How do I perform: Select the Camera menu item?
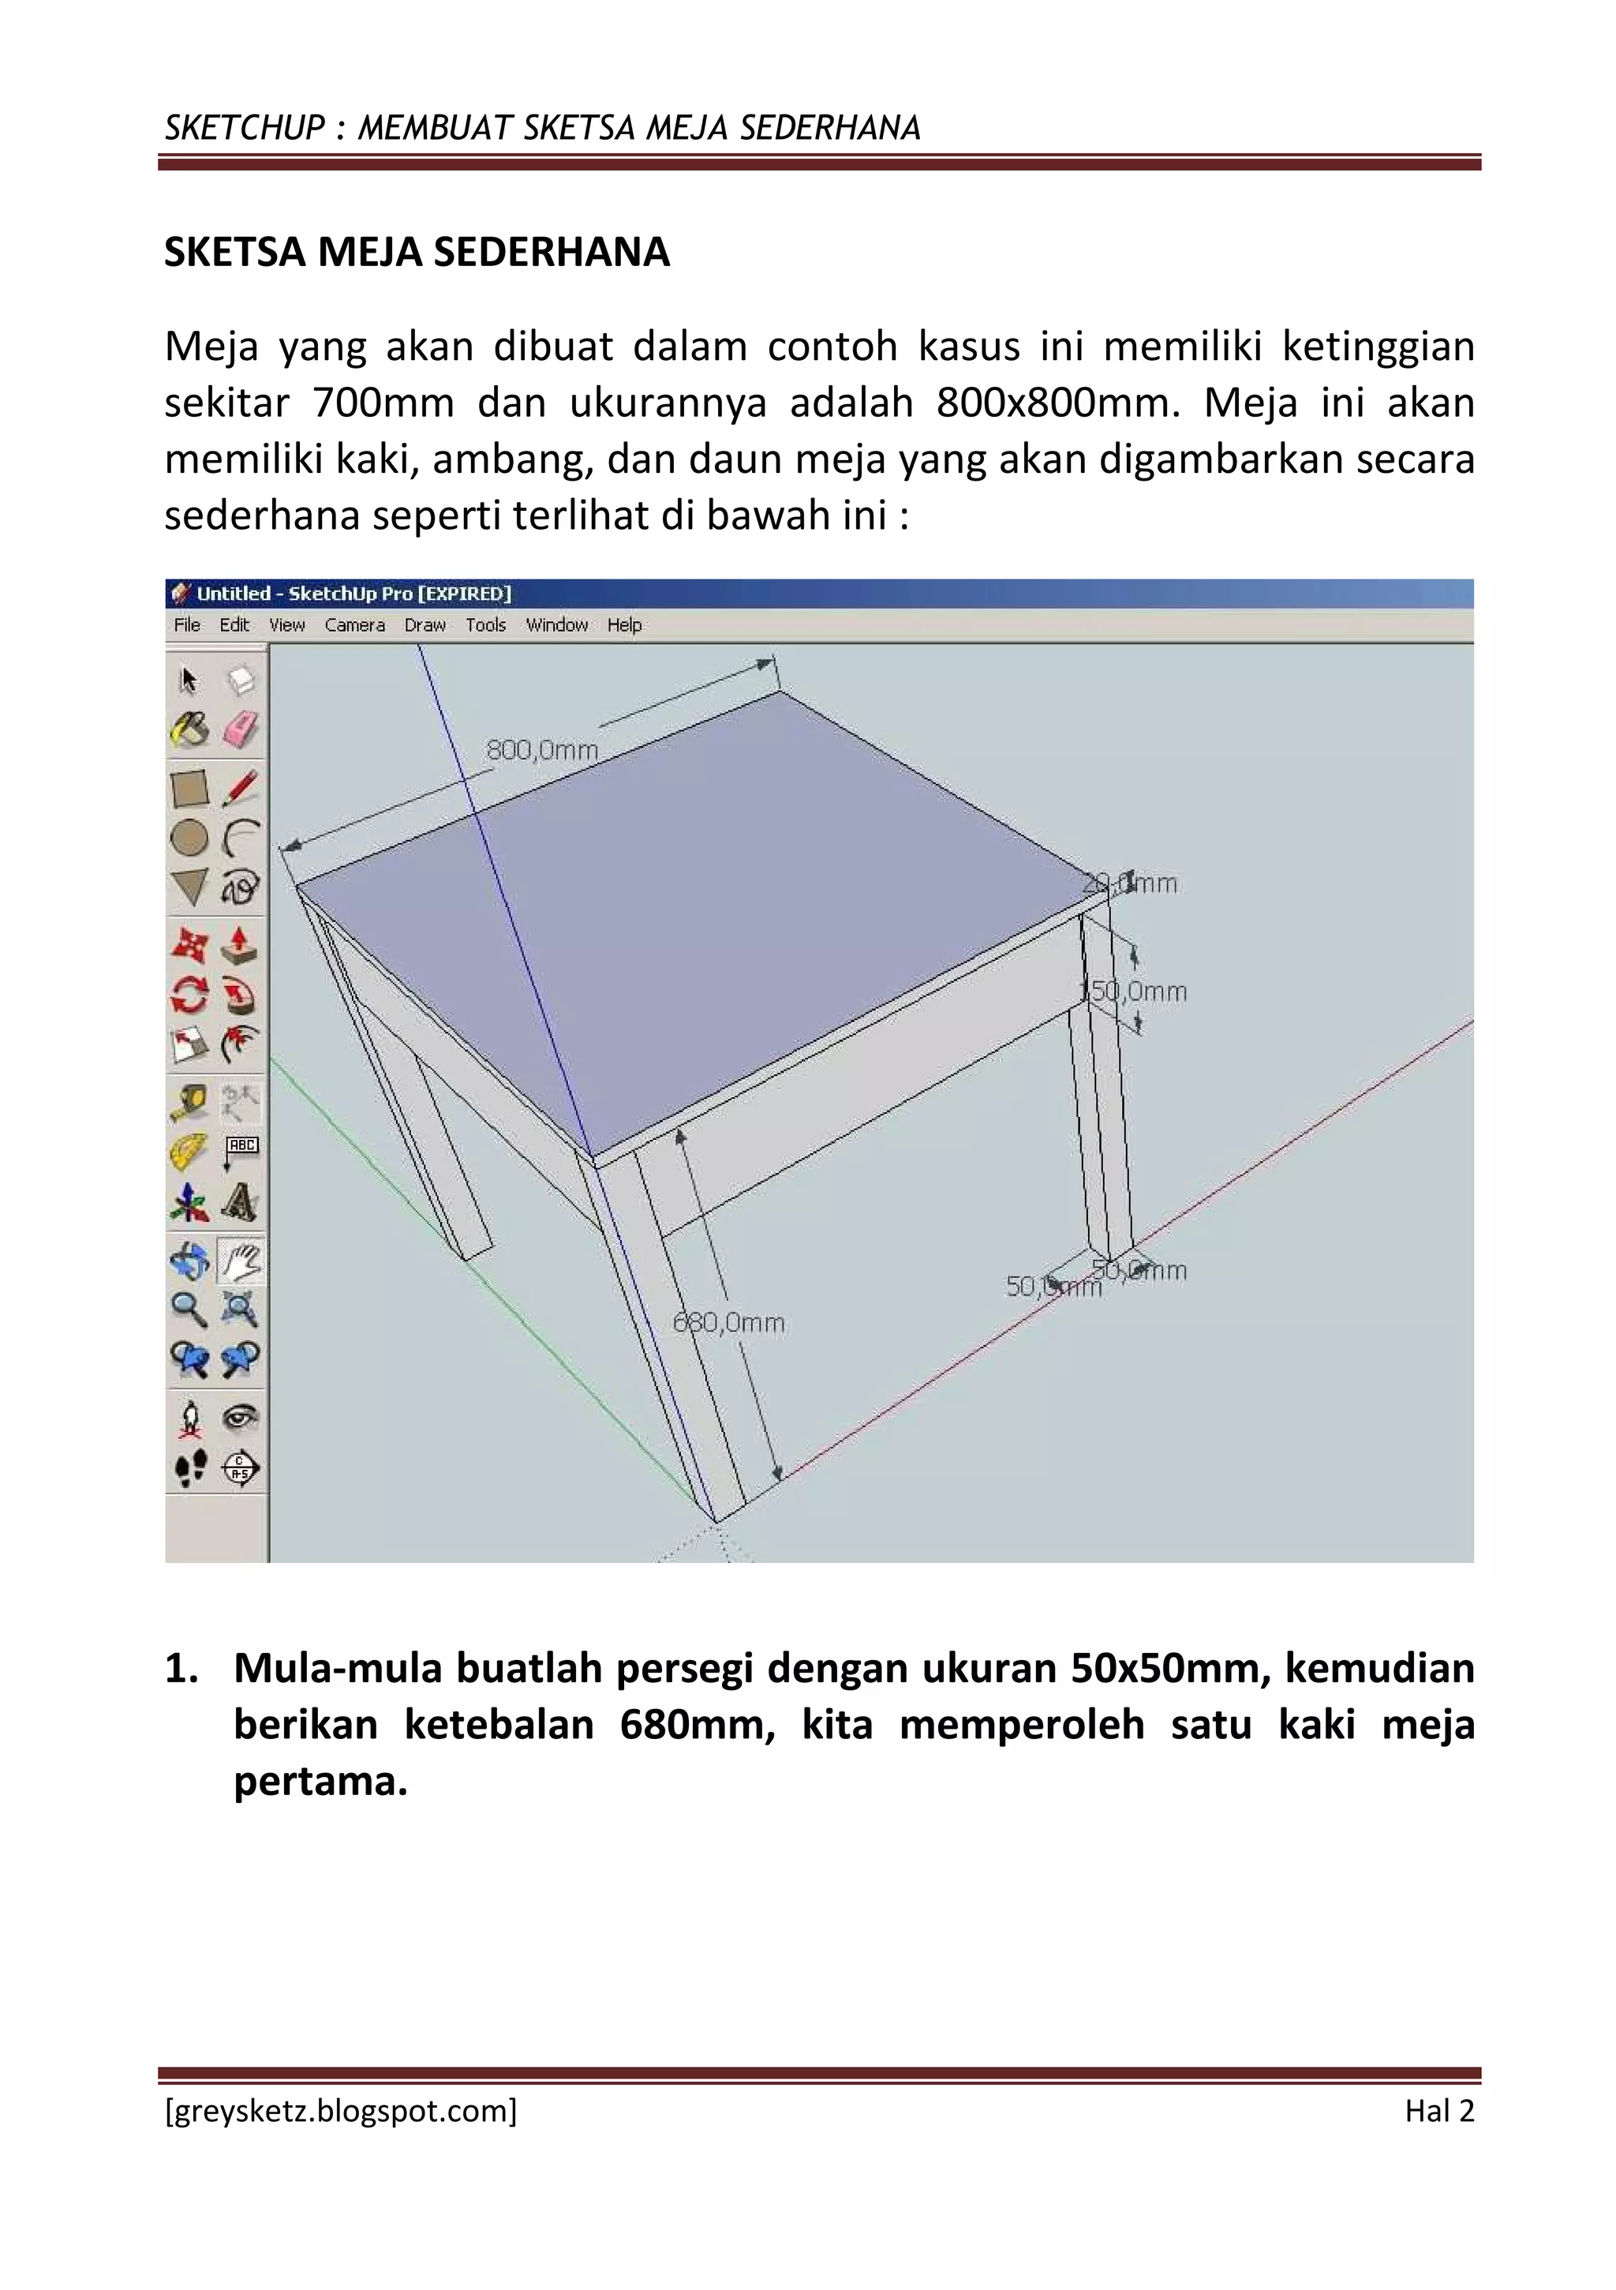point(354,624)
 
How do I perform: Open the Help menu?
point(624,624)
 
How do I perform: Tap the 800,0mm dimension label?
point(541,750)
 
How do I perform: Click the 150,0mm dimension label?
point(1136,991)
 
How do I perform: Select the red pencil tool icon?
point(240,787)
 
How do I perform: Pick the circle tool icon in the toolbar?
point(189,838)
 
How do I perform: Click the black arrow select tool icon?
point(189,680)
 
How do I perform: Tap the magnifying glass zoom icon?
point(189,1307)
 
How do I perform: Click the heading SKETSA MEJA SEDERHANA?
point(417,253)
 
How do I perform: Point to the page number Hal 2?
point(1438,2112)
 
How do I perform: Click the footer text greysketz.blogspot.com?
point(340,2112)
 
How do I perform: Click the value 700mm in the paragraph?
point(383,403)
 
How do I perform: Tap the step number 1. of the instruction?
point(181,1669)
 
